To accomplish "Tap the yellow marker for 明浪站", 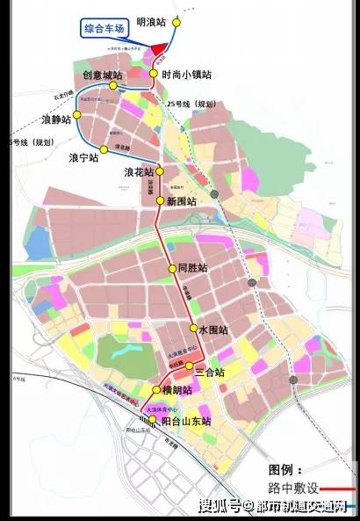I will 176,22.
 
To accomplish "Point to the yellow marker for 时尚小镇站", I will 154,75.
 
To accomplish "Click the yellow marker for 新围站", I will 160,201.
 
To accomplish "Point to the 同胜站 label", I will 191,268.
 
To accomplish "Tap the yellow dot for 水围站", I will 194,330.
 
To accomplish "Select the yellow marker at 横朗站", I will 156,389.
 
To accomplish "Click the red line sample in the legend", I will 342,488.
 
